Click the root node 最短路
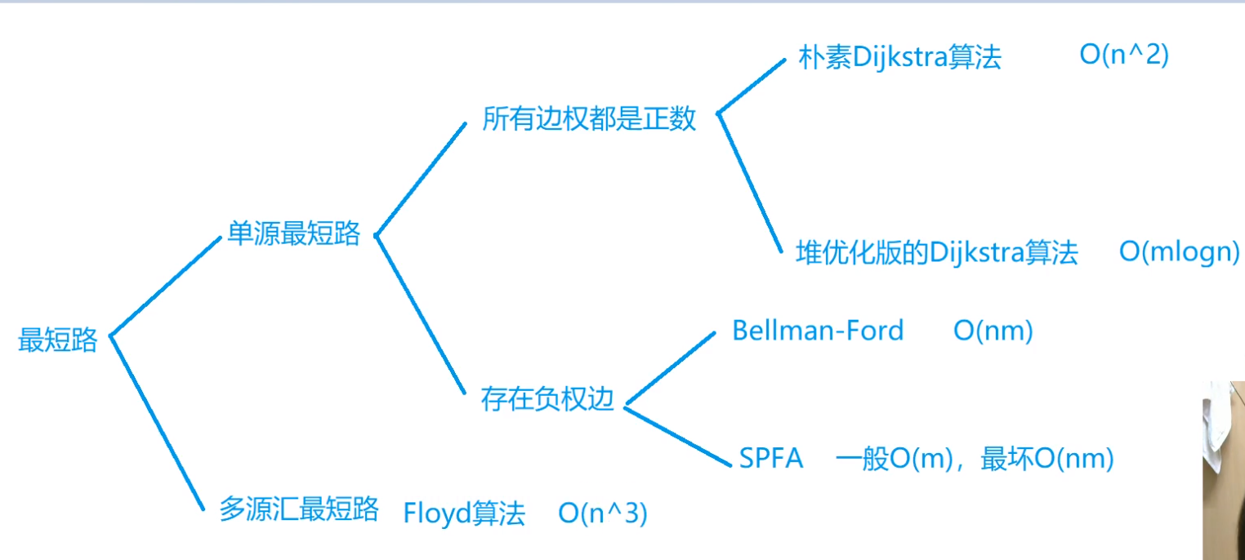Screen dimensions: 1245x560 58,340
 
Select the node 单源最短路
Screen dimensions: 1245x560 294,233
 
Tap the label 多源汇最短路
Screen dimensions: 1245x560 299,509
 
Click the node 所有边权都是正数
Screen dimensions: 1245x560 589,118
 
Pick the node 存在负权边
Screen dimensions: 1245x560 547,399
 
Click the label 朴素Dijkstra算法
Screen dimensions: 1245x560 899,56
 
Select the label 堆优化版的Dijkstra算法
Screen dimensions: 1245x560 937,253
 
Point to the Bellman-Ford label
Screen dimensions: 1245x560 818,331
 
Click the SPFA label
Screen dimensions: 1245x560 771,458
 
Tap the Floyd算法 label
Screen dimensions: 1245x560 464,512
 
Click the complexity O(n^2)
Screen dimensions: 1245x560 1124,55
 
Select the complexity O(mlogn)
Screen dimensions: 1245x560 1180,252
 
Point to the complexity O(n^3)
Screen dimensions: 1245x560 603,513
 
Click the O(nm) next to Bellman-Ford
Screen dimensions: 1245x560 993,331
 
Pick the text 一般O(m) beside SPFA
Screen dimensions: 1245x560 895,459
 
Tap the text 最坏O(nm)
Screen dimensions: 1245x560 1047,459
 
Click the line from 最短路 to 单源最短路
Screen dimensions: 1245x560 166,287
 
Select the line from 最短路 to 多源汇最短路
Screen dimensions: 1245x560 158,422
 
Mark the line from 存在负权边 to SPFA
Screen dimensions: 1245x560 677,437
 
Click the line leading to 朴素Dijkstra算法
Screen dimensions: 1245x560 751,86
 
